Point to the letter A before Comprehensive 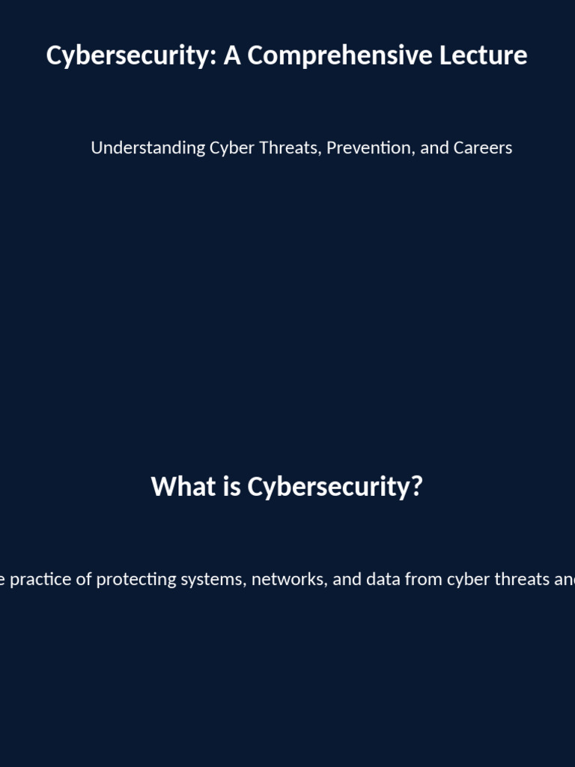[x=232, y=55]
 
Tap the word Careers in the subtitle [x=483, y=148]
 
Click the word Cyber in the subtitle [x=231, y=148]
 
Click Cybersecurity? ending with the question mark [x=335, y=487]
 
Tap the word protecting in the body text [x=133, y=580]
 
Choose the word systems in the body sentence [x=213, y=580]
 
